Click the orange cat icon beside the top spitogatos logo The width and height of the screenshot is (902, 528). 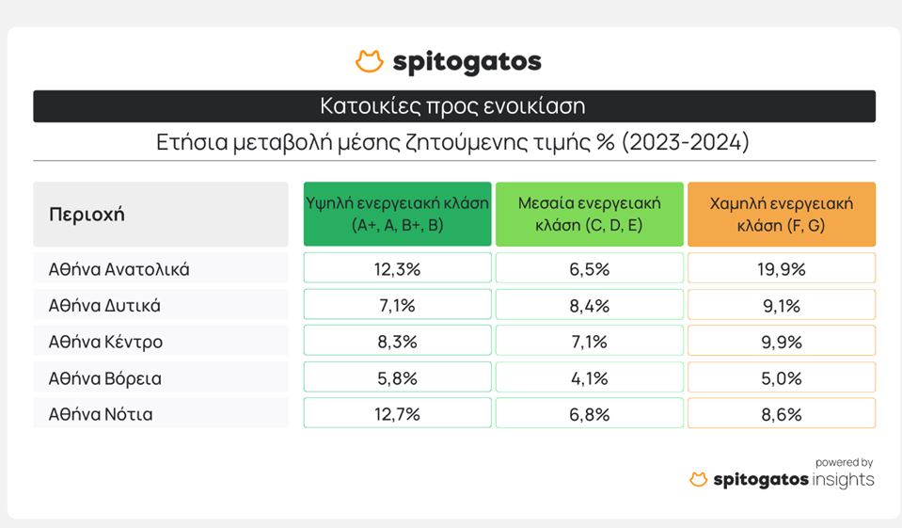[370, 61]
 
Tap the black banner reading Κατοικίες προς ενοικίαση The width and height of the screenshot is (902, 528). [454, 106]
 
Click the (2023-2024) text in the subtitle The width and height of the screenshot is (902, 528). [685, 141]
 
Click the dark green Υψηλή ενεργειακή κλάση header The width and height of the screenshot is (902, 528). [398, 215]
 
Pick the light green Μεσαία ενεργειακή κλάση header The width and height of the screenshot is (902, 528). [590, 215]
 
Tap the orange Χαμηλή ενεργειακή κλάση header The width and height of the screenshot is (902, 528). [782, 215]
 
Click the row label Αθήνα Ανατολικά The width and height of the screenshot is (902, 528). [119, 269]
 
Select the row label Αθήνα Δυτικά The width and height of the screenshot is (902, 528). [104, 305]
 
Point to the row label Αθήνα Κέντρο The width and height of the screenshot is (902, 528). [106, 342]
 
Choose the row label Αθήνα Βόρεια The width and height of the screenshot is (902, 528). [105, 378]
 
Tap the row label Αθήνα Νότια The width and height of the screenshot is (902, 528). [101, 414]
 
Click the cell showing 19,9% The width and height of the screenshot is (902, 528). [782, 268]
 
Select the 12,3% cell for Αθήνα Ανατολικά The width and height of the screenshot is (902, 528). [398, 268]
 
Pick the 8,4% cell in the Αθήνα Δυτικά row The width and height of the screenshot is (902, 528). [590, 305]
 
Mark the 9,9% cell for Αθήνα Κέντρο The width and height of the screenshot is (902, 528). [782, 342]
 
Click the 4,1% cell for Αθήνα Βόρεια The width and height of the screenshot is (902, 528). [590, 377]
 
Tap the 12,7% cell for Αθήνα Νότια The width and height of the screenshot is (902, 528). [398, 413]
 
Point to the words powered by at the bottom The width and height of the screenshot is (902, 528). [845, 462]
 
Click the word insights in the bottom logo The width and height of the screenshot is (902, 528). [843, 480]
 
